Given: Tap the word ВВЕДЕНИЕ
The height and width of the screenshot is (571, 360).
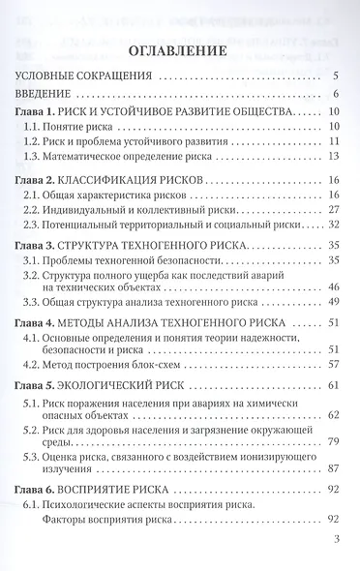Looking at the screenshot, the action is pos(55,94).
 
